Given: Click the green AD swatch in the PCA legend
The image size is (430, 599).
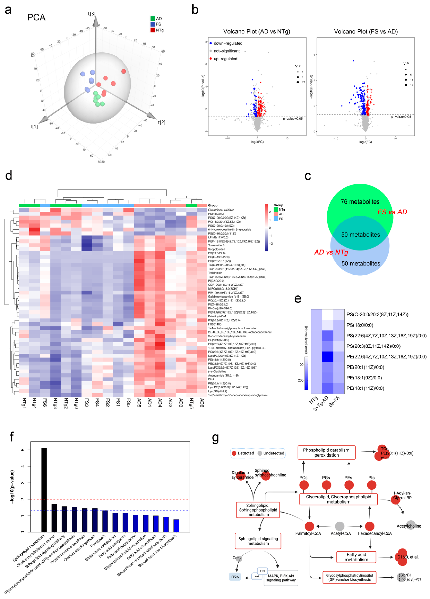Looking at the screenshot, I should [153, 18].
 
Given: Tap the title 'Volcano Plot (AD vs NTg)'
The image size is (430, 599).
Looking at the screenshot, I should [257, 32].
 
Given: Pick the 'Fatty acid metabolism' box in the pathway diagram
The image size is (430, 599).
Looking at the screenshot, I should [356, 557].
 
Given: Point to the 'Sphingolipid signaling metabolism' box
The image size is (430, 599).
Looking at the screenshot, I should [258, 541].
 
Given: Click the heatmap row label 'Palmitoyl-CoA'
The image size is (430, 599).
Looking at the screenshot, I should [217, 316].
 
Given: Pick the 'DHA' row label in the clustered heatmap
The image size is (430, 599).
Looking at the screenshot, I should [211, 379].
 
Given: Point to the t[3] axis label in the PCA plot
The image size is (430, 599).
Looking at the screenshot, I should [92, 14].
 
